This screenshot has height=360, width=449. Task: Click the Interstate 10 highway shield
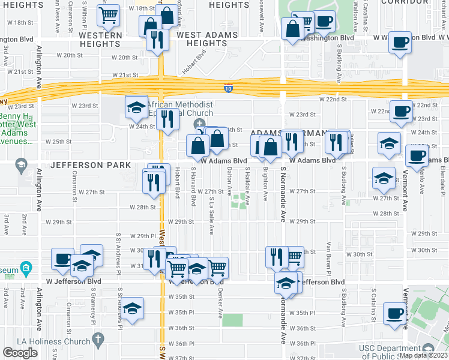point(228,88)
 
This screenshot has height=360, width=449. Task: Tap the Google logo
point(20,353)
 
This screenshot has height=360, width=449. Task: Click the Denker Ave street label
point(220,305)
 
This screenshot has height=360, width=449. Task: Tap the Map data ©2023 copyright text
point(424,355)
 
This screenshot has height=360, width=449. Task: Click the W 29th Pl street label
point(142,236)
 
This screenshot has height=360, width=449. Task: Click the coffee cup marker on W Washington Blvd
point(400,43)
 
